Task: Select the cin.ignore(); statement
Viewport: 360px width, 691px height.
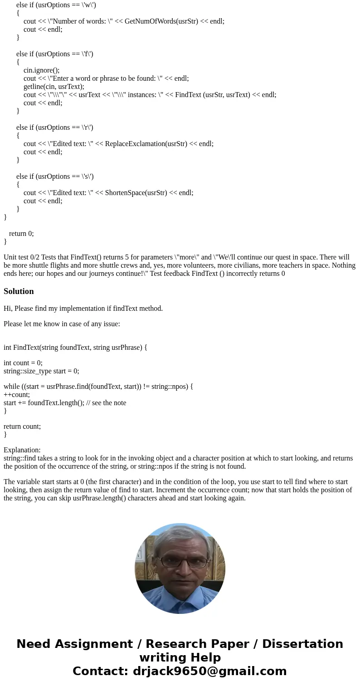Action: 41,70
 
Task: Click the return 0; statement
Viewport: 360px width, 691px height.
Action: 21,233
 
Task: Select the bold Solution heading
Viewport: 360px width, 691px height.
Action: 19,291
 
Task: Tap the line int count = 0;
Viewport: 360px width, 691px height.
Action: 23,363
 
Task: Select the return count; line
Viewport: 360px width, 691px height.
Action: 22,426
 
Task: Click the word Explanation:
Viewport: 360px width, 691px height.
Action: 22,450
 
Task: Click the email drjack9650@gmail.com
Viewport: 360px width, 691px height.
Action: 209,671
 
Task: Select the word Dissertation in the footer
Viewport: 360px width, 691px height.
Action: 302,644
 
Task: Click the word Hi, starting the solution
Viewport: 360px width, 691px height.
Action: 8,309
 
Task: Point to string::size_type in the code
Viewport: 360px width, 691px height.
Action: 28,371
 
